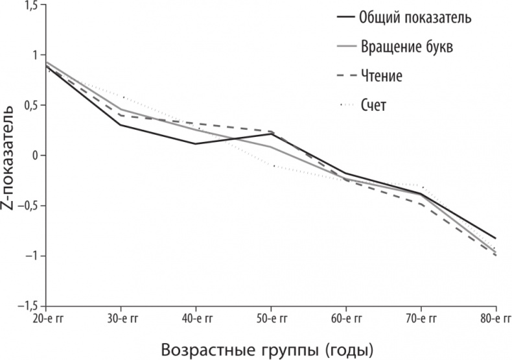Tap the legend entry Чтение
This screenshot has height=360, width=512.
[382, 75]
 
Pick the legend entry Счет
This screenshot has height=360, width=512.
[373, 104]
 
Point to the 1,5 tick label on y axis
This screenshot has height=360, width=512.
[30, 6]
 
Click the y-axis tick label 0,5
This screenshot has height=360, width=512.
[30, 106]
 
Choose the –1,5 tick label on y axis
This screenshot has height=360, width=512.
[27, 306]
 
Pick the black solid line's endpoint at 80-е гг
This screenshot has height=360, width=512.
[496, 238]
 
